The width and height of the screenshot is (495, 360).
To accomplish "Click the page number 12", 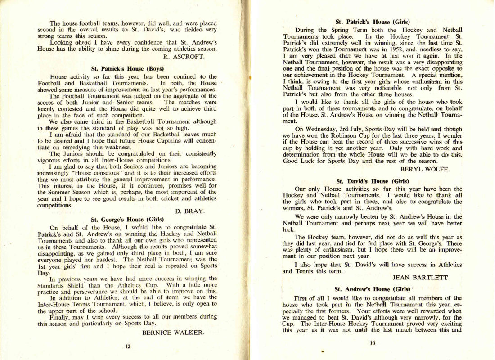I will [128, 346].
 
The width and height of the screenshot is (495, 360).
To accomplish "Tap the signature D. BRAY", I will [189, 211].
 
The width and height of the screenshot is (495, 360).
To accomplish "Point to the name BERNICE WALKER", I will [173, 333].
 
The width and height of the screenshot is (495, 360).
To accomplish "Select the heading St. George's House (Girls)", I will [127, 220].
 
